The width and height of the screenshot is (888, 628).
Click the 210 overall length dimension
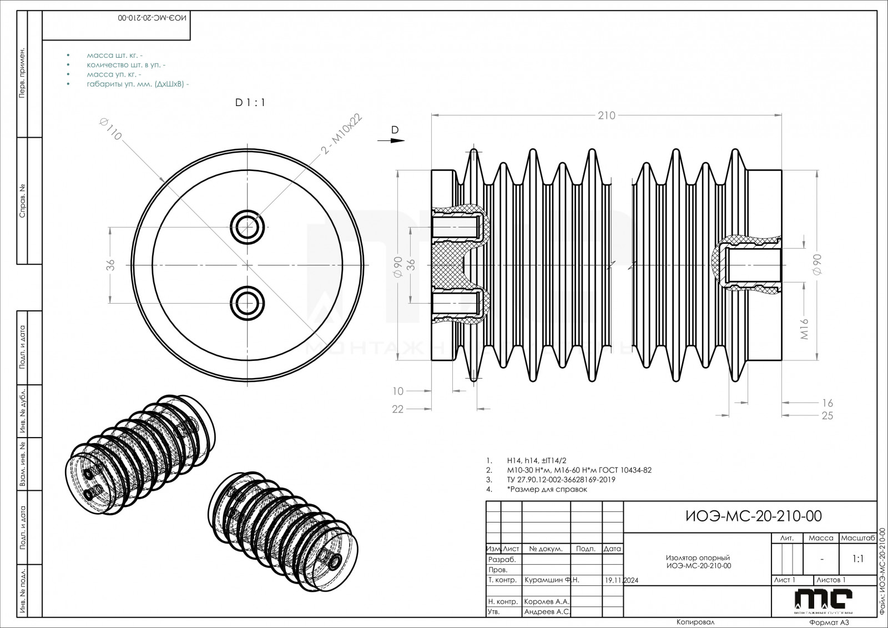tap(607, 115)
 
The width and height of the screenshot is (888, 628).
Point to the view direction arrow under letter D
tap(395, 140)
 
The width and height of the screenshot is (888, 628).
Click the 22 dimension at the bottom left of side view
tap(398, 410)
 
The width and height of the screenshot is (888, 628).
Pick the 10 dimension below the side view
tap(398, 391)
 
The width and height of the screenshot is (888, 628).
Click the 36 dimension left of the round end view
tap(110, 265)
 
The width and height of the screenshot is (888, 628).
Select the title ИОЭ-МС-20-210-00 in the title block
tap(753, 516)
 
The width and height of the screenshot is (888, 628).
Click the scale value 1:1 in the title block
tap(857, 559)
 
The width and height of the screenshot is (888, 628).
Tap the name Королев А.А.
tap(547, 601)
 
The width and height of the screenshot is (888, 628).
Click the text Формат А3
tap(829, 623)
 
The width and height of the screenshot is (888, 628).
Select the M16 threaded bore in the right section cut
tap(754, 265)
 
